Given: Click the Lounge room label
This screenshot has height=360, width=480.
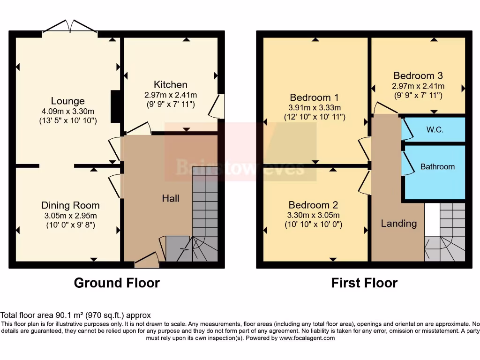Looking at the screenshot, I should coord(68,101).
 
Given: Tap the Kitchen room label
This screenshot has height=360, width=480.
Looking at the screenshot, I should coord(171,85).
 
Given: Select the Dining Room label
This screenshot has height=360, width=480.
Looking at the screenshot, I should coord(70,205).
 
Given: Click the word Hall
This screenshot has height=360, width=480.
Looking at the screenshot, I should coord(171,198).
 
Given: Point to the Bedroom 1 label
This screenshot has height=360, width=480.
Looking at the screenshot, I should coord(314,97).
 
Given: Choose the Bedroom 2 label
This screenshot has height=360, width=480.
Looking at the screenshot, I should coord(313,205).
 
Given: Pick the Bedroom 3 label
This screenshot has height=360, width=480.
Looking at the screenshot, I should coord(418,75).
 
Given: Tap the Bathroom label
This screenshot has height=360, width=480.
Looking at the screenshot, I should coord(437,166).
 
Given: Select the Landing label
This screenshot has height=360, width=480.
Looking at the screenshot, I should coord(398,224).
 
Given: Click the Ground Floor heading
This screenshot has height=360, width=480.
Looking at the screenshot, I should coord(117,283).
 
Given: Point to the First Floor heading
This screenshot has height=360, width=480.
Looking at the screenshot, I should coord(364,283).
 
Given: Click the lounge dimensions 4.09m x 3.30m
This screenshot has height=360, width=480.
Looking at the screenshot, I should coord(68,112).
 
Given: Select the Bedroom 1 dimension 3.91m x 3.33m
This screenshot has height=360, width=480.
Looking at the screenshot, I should coord(315,107).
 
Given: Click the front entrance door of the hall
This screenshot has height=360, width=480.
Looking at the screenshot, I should coord(147,261).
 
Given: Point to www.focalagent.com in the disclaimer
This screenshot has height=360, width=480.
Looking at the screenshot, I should coord(307,338).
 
